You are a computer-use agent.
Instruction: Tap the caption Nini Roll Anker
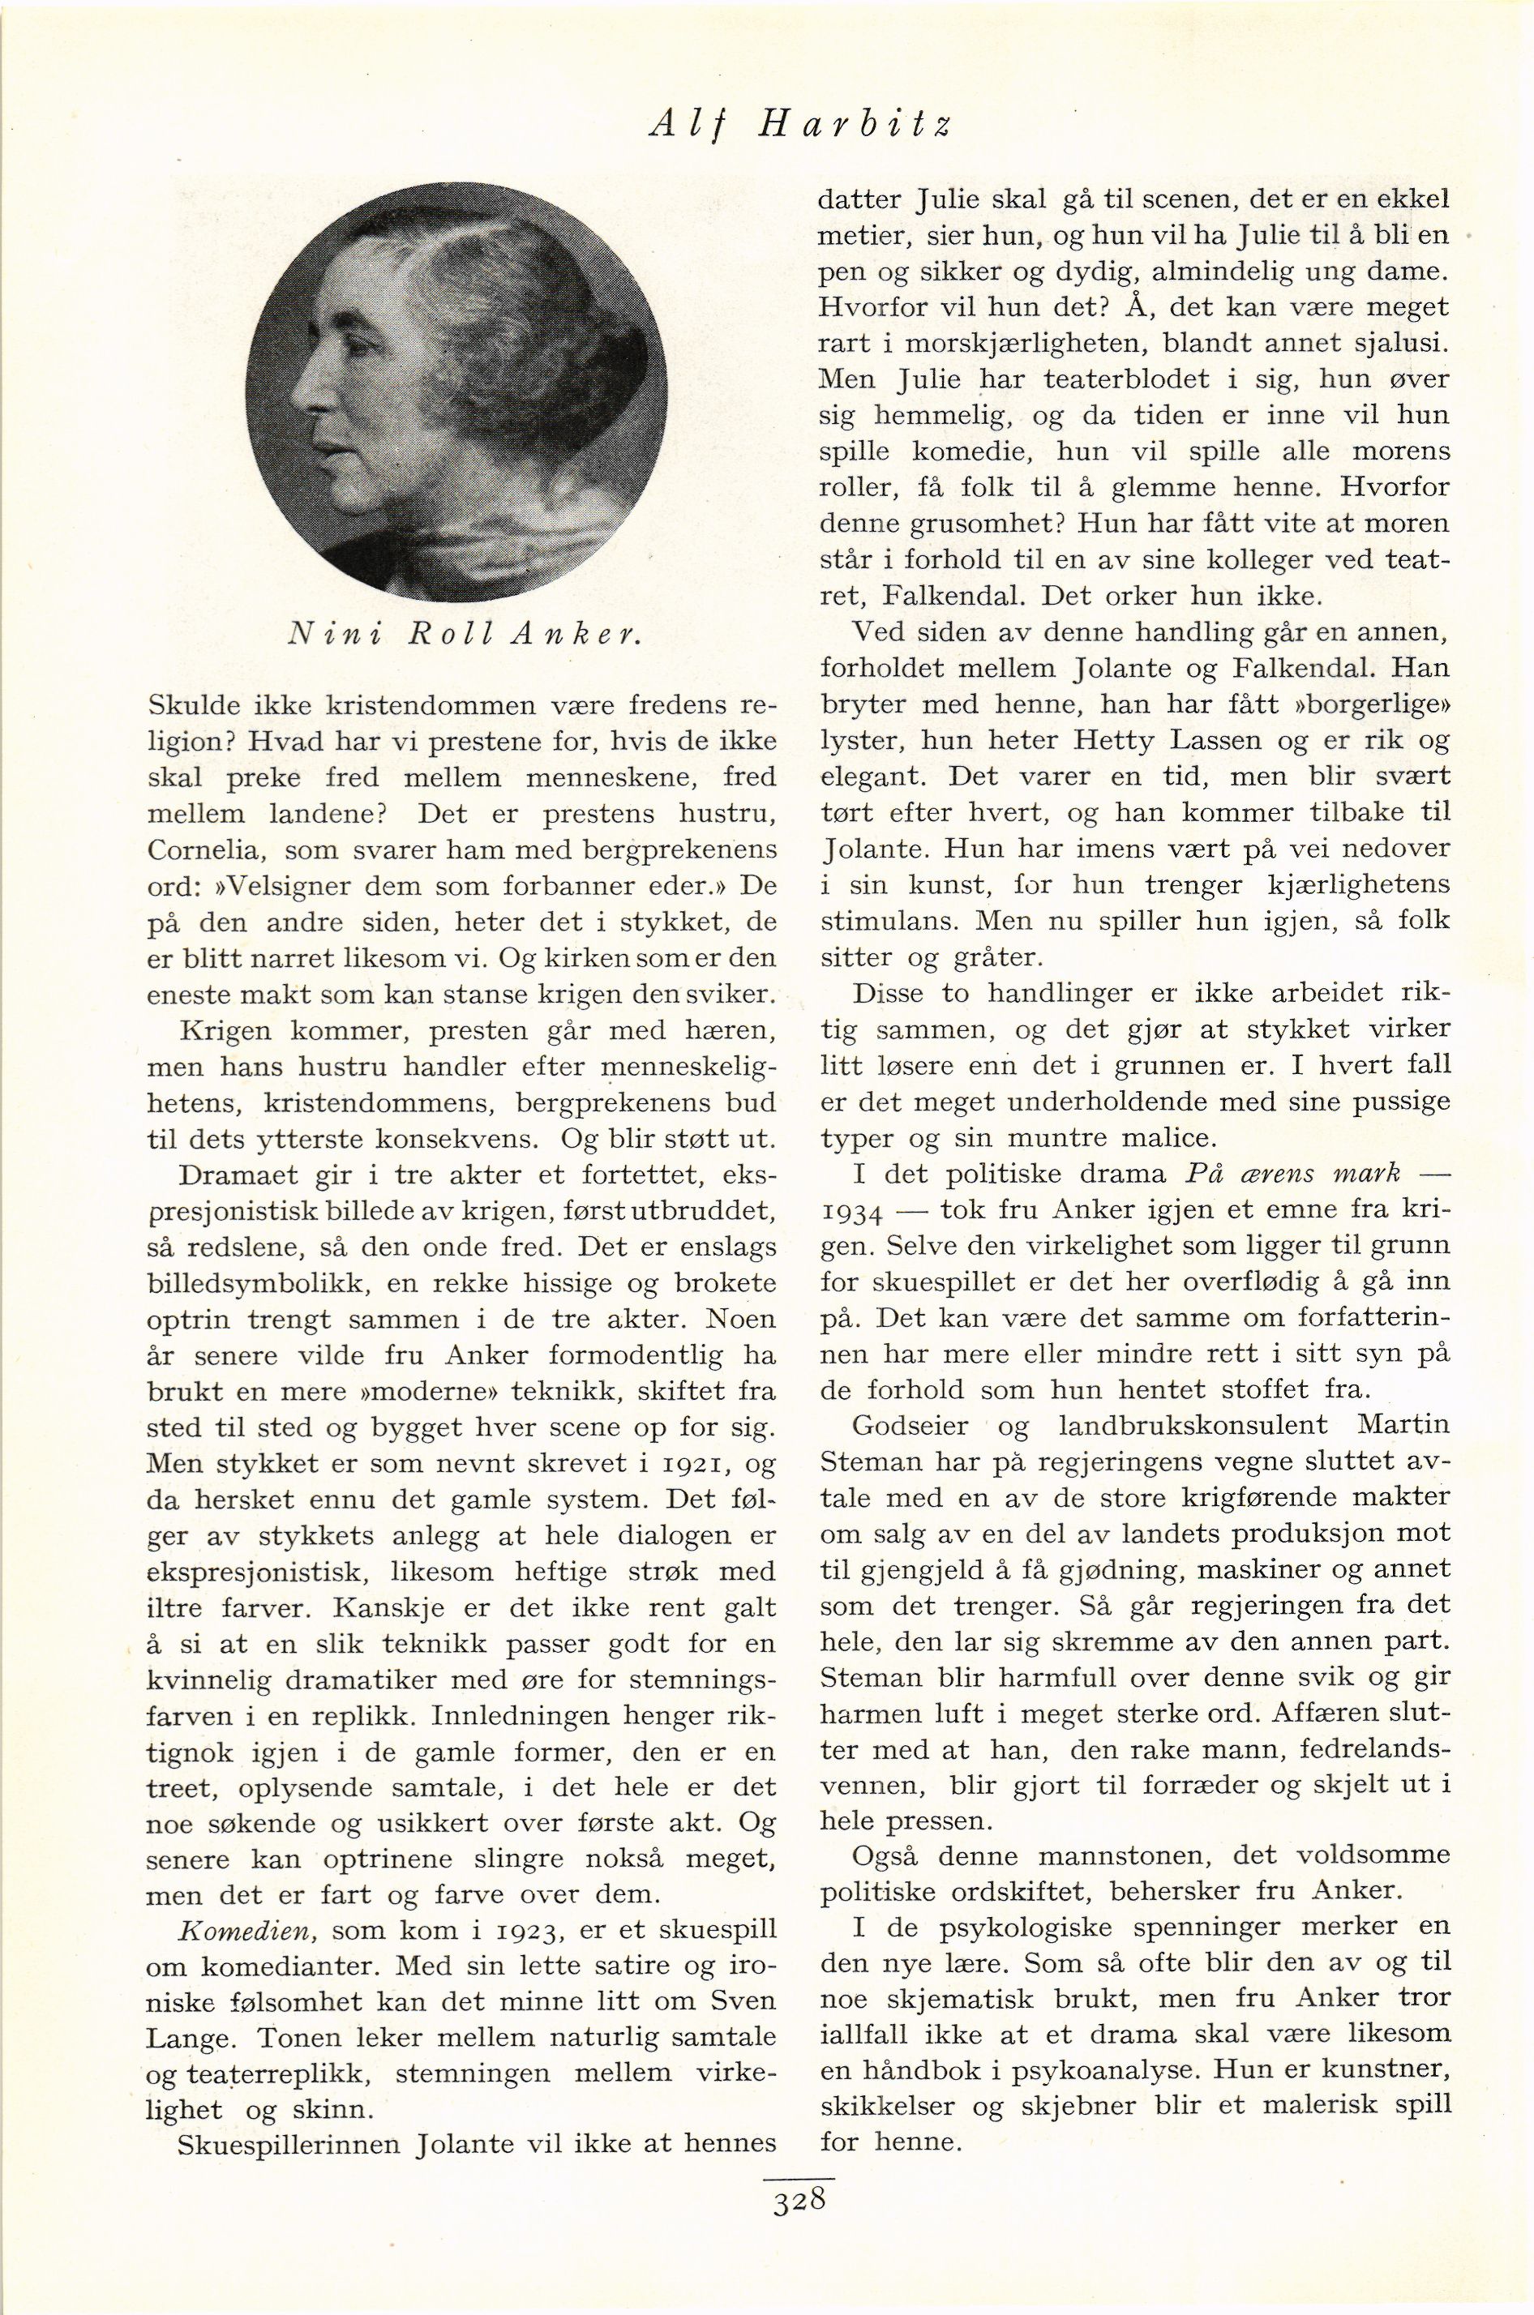pos(465,634)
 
